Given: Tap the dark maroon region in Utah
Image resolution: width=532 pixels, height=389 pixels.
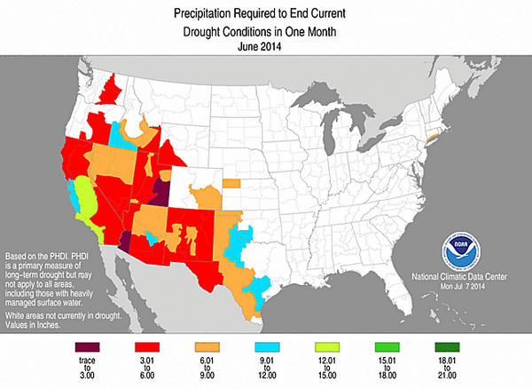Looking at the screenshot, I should coord(161,190).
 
